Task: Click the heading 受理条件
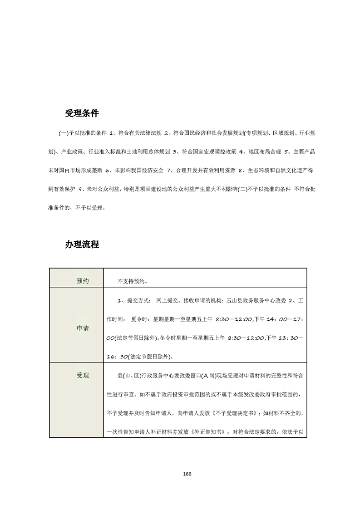click(82, 113)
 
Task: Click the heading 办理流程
click(82, 244)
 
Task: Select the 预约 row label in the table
click(83, 281)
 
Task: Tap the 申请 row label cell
click(83, 328)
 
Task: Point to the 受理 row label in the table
click(83, 376)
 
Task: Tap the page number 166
click(187, 474)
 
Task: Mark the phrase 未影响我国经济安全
click(137, 171)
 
